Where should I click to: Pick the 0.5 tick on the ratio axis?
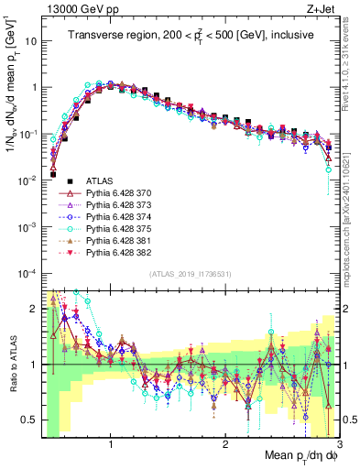click(30, 420)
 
